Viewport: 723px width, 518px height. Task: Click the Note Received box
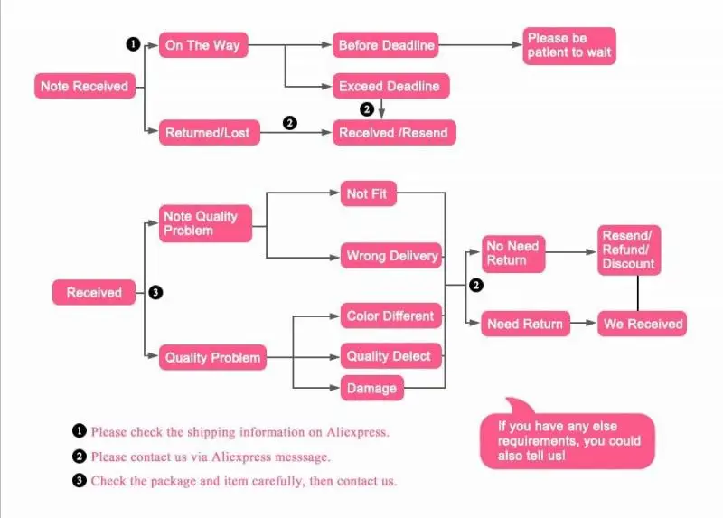click(x=84, y=87)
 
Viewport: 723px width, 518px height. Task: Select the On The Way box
click(x=202, y=45)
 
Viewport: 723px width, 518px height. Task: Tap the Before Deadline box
click(x=386, y=44)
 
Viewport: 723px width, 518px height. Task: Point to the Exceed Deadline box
click(x=390, y=87)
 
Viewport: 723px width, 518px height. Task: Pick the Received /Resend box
click(x=392, y=133)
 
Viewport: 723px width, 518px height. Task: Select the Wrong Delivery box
click(x=392, y=256)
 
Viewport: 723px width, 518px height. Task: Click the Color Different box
click(x=390, y=316)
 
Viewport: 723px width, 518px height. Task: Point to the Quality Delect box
click(x=390, y=356)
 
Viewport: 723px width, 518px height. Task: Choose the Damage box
click(x=371, y=388)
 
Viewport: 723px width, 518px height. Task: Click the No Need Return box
click(x=513, y=253)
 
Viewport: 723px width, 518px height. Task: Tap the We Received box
click(x=641, y=324)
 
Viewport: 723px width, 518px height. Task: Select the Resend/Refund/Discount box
click(x=628, y=250)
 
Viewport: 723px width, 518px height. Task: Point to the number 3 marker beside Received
click(x=155, y=292)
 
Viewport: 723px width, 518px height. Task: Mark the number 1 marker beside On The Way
click(x=133, y=44)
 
